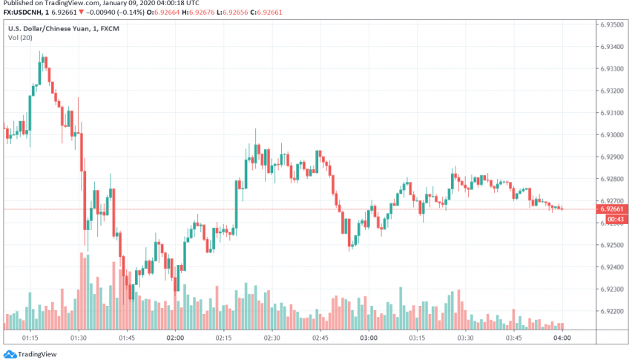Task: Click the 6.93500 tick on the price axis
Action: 612,24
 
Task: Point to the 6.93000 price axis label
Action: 612,135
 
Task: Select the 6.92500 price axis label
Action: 612,245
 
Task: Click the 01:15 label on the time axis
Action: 31,338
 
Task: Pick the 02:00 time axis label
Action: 175,338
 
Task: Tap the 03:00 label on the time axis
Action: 369,338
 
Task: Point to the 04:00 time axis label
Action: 562,338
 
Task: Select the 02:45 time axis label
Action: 320,338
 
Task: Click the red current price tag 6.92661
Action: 612,209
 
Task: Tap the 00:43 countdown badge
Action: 612,219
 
